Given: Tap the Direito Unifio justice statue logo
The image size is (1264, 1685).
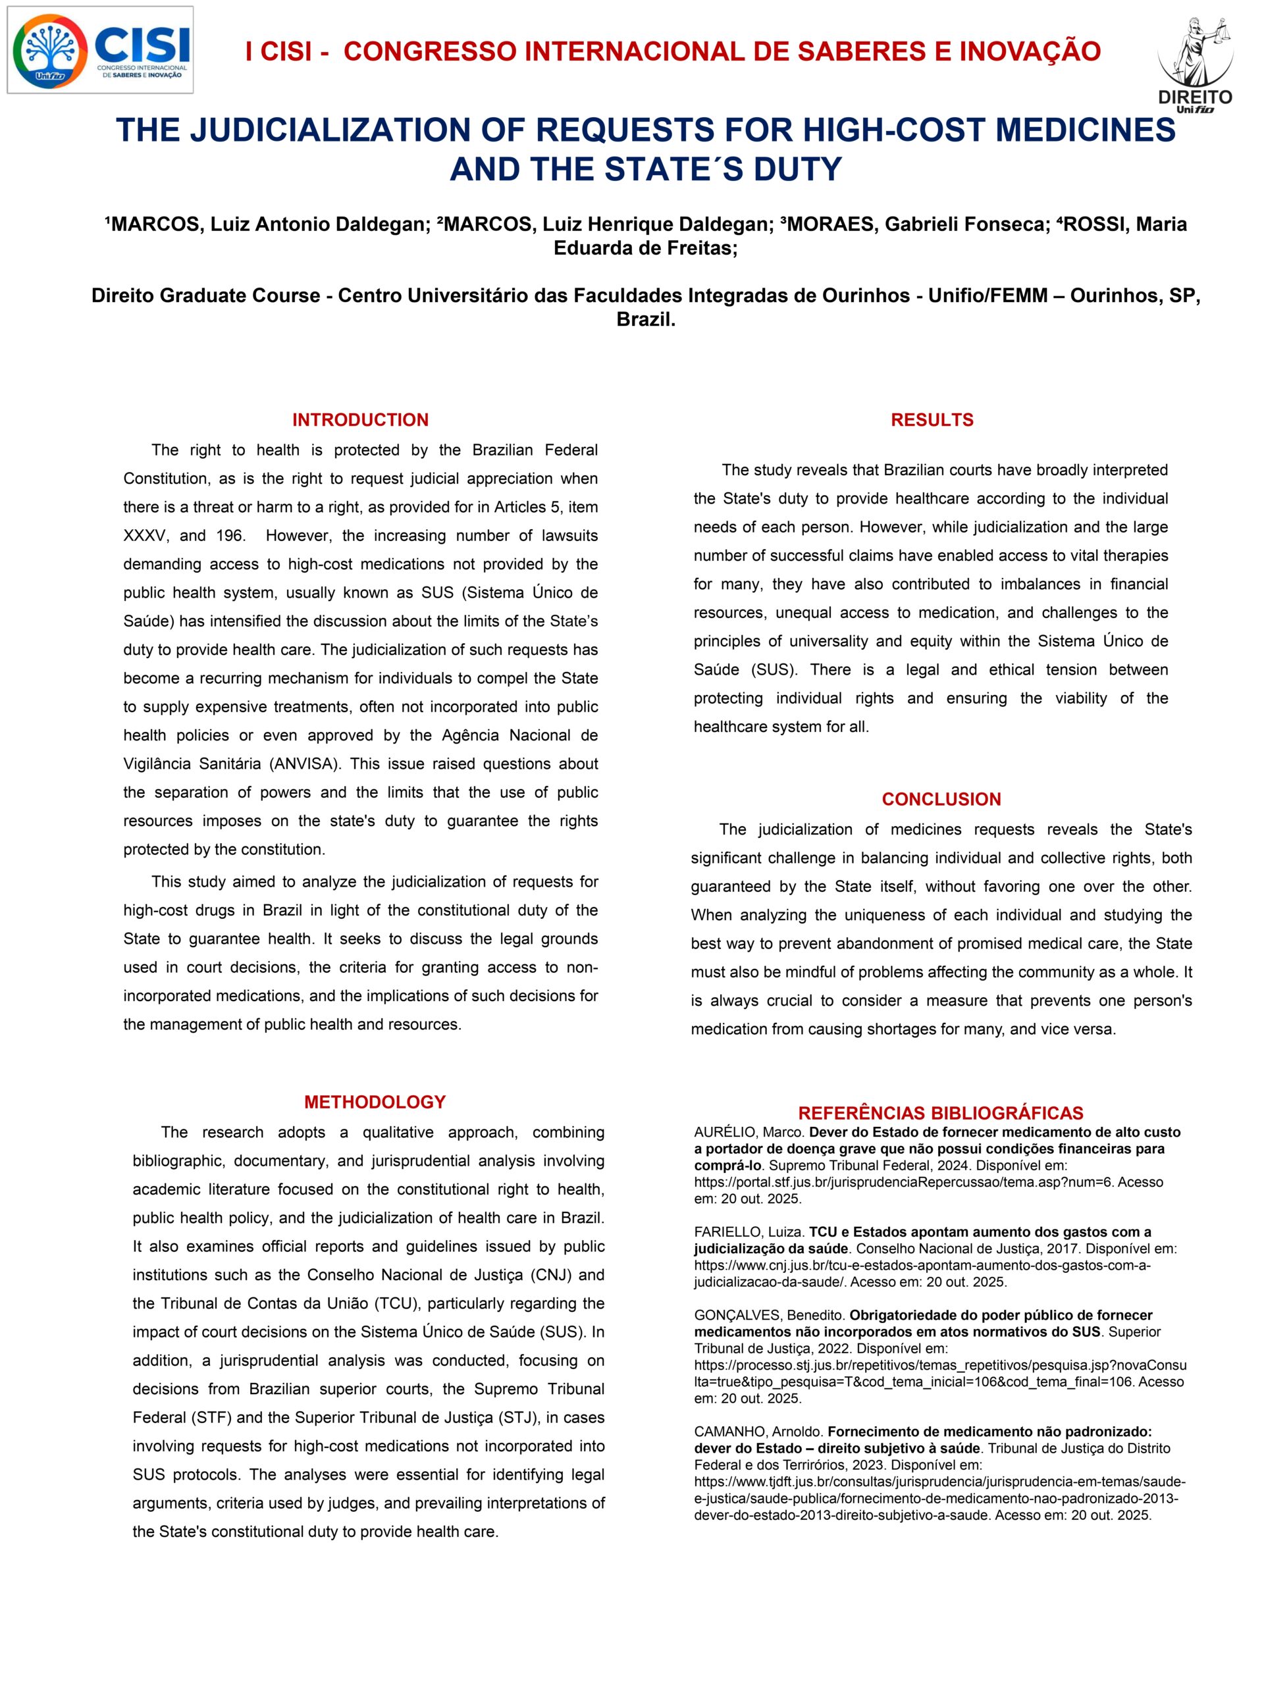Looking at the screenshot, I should click(1194, 65).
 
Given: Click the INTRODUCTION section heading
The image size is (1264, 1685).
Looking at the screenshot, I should click(360, 420).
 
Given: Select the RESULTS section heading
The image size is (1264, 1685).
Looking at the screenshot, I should click(932, 420).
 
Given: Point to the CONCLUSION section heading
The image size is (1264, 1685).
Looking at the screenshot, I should click(941, 799).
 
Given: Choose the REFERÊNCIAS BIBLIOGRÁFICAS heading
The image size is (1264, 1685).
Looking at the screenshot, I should click(940, 1113).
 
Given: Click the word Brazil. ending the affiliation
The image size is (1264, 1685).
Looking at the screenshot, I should click(646, 320).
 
